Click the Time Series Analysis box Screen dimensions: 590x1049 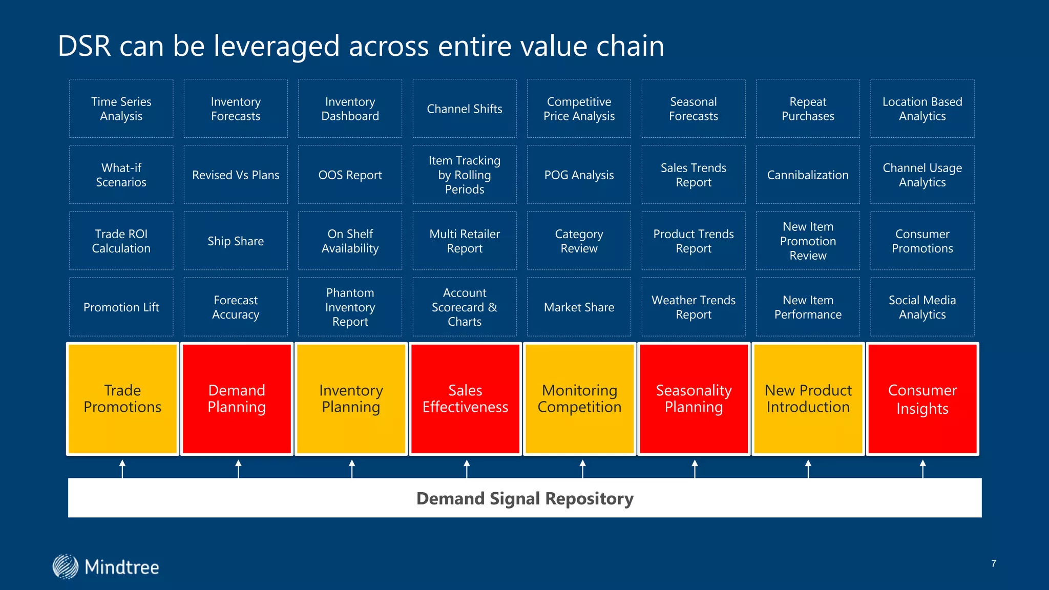tap(121, 109)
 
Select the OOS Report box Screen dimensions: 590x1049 tap(350, 175)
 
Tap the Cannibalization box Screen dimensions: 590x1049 tap(808, 175)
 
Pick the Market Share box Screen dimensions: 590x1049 tap(579, 307)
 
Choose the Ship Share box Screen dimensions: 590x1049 tap(236, 241)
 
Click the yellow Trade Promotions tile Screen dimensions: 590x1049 tap(122, 398)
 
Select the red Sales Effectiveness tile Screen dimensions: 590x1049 tap(465, 398)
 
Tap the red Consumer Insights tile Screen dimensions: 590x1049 tap(922, 398)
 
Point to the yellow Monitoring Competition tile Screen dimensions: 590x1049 tap(579, 398)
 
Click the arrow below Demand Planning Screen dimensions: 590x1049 tap(238, 469)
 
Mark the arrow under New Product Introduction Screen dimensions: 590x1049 tap(808, 469)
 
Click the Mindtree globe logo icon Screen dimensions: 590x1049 tap(66, 566)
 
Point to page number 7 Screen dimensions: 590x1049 tap(994, 563)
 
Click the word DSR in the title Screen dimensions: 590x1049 tap(84, 46)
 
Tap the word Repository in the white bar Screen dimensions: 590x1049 tap(589, 498)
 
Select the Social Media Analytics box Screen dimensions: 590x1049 tap(922, 307)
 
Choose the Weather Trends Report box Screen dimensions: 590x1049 tap(694, 307)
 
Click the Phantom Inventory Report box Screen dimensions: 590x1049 tap(350, 307)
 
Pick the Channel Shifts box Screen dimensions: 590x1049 tap(465, 109)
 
